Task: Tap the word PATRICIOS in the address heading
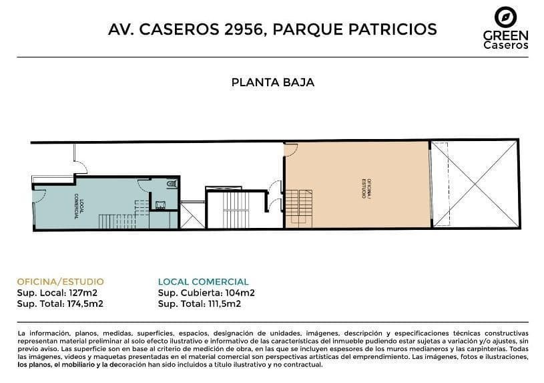392,29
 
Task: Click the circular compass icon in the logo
505,17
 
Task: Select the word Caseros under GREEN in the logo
506,45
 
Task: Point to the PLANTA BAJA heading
273,83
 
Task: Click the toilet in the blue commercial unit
172,184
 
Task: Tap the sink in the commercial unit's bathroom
160,205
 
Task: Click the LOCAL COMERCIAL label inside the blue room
78,206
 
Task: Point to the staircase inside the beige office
299,209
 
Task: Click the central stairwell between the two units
236,209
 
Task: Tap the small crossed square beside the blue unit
192,216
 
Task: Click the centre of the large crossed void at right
475,184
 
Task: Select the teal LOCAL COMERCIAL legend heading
204,282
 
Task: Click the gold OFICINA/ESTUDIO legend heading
60,282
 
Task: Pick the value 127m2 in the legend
83,293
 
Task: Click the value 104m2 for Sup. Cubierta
240,293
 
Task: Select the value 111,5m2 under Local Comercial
224,304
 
